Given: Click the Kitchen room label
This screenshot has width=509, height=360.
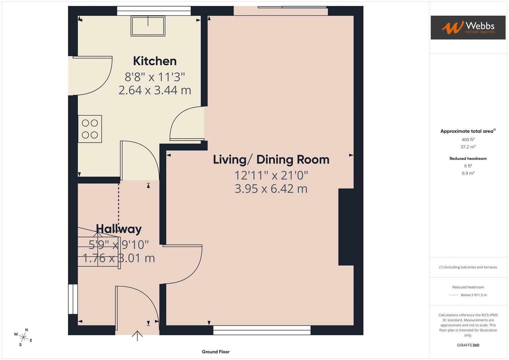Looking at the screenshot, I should point(155,61).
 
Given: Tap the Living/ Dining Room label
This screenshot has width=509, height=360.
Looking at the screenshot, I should point(271,160).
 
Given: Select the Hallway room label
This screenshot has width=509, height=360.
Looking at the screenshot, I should point(119,229).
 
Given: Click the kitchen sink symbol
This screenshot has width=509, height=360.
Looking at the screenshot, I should point(148,26).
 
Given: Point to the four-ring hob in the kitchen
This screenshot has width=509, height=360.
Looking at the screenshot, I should point(90,129).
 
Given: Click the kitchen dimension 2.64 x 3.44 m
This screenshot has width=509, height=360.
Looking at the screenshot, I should point(155,90).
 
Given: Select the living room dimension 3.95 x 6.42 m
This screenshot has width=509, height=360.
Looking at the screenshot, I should point(271,189).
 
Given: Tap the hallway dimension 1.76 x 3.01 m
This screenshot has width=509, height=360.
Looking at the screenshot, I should point(119,258).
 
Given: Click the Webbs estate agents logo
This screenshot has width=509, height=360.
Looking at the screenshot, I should point(468,28).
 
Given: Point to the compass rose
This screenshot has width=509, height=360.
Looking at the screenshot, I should point(23,337).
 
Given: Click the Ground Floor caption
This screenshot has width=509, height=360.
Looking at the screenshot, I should point(216,352).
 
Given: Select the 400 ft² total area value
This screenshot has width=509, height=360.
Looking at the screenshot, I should point(468,140).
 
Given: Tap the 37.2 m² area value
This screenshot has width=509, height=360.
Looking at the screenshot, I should point(468,147).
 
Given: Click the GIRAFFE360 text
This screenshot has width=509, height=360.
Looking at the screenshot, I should point(468,345).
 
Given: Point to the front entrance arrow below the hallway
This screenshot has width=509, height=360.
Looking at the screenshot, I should point(137,336).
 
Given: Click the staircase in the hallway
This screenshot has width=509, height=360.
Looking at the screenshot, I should point(98,247).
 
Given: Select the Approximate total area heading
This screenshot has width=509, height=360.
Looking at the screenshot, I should point(468,131).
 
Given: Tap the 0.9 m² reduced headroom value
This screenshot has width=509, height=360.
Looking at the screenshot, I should point(468,173).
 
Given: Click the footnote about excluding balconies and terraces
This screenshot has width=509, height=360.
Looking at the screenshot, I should point(468,267).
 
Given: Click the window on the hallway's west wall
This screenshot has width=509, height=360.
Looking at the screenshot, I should point(73,299).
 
